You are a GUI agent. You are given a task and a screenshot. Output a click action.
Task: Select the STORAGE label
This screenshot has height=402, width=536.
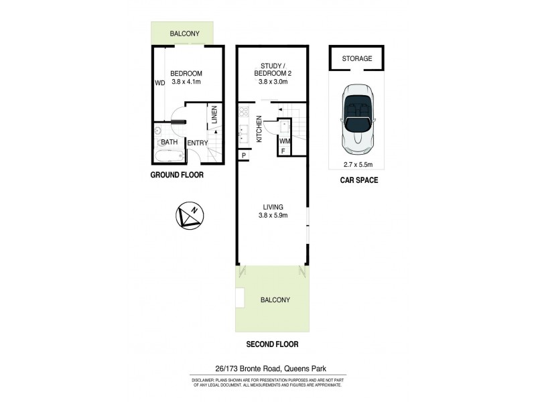356,59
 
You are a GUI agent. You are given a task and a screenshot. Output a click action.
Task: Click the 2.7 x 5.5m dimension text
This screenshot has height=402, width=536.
357,164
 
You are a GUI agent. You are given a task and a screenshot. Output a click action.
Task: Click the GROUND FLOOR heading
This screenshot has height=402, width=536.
177,175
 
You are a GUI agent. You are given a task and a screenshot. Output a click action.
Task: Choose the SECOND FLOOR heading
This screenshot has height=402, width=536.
271,344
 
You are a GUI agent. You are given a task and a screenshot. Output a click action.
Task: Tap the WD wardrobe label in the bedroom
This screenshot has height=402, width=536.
159,84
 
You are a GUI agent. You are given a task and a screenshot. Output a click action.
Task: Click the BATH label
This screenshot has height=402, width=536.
169,142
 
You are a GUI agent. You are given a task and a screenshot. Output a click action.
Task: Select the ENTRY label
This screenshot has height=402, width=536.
197,143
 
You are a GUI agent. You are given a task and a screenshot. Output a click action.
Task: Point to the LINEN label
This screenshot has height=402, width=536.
214,115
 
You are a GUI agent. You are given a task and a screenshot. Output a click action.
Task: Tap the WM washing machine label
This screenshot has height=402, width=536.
284,141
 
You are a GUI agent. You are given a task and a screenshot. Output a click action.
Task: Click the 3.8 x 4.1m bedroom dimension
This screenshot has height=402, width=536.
186,82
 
